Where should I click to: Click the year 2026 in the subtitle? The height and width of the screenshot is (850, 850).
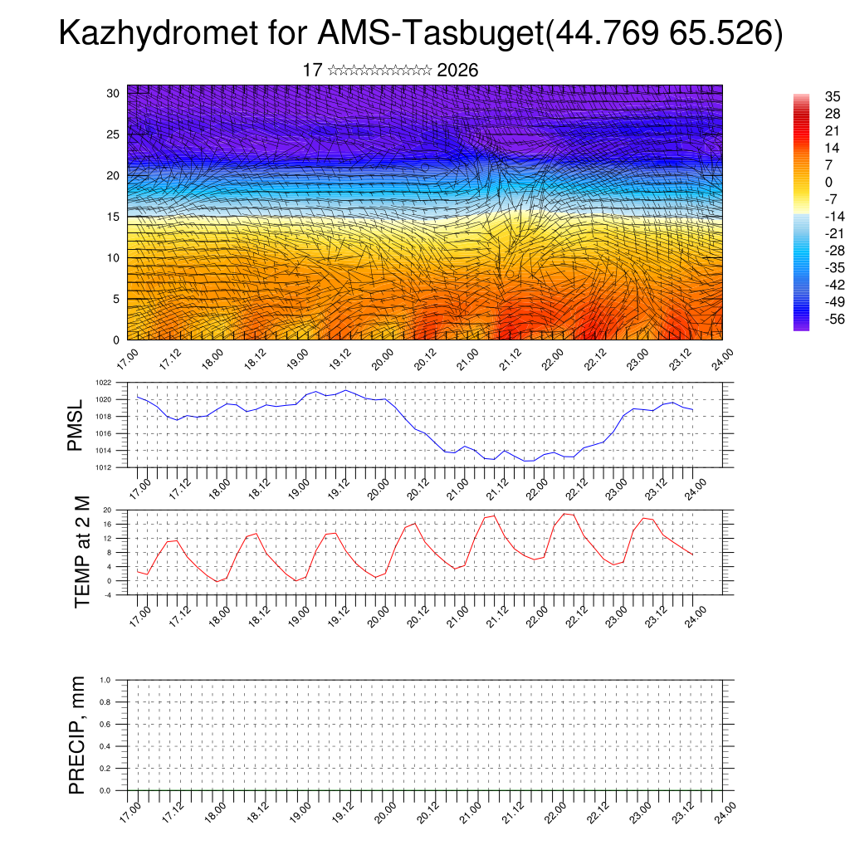click(x=457, y=71)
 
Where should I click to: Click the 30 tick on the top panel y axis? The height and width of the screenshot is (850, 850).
click(x=115, y=93)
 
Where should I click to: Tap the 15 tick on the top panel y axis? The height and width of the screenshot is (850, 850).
click(x=115, y=217)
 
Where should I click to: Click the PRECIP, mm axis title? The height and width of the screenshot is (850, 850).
click(x=77, y=735)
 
